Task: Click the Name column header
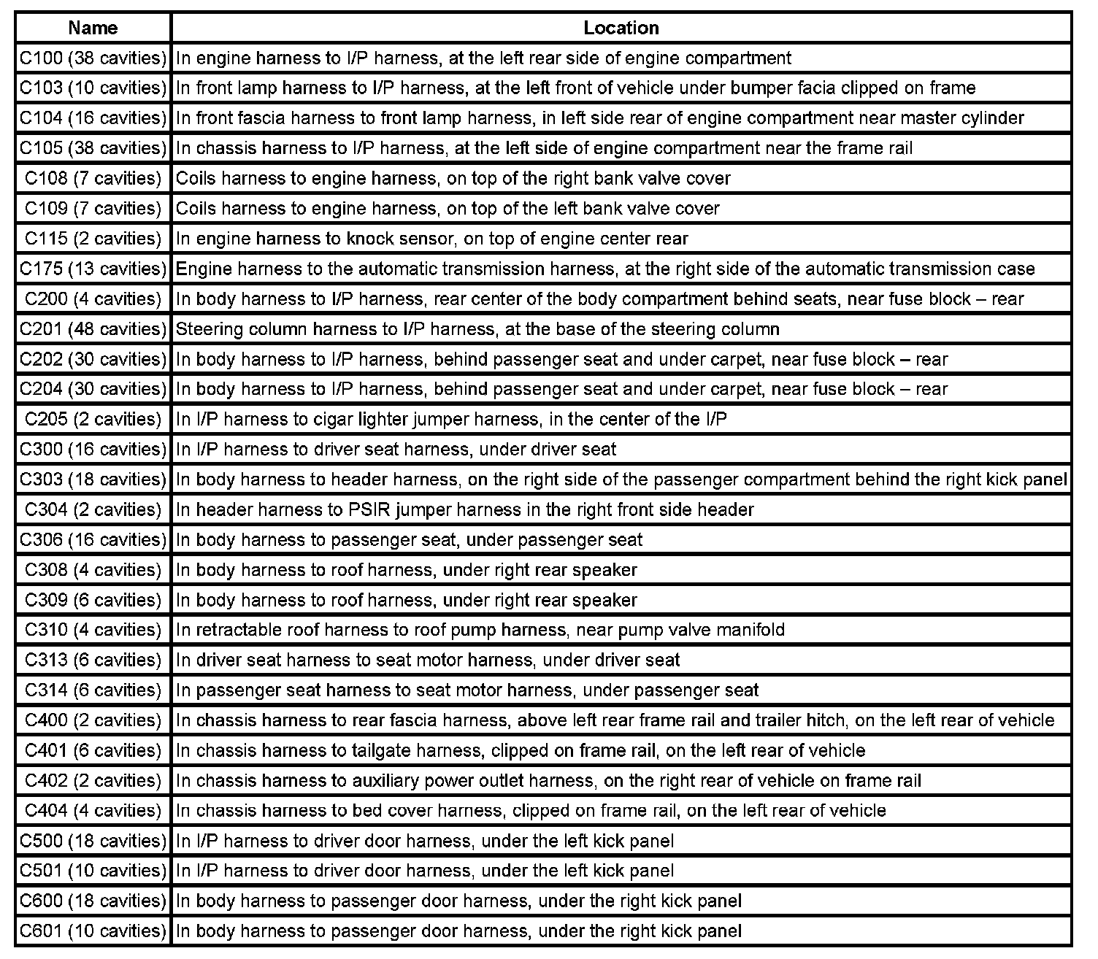tap(93, 28)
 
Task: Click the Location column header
tap(621, 28)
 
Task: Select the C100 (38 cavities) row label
tap(93, 58)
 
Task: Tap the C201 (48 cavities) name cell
tap(93, 329)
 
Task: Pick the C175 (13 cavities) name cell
tap(93, 269)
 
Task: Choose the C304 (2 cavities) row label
tap(93, 509)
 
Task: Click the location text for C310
tap(480, 630)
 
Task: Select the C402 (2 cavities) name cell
tap(93, 780)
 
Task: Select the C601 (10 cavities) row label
tap(93, 931)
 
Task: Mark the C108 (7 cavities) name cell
tap(93, 178)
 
